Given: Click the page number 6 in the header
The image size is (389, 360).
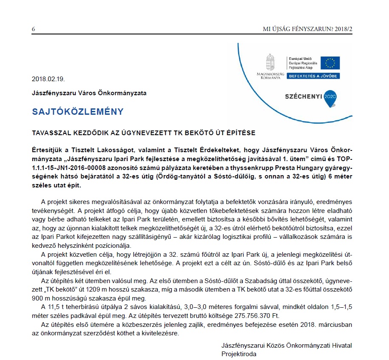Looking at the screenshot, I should [33, 29].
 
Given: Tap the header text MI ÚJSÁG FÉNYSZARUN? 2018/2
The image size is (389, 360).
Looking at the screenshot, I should [308, 29].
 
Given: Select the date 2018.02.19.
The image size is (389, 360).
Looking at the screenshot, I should [48, 79].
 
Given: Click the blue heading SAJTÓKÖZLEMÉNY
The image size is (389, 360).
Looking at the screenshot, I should [77, 112].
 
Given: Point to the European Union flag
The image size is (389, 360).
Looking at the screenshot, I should [330, 63].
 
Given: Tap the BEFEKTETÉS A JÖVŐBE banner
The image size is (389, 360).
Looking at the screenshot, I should [313, 76].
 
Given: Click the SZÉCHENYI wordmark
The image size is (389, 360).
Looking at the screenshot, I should [303, 96].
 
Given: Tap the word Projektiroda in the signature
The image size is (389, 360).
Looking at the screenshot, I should [239, 353].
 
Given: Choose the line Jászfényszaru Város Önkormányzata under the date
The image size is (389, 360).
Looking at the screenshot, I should [89, 93].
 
